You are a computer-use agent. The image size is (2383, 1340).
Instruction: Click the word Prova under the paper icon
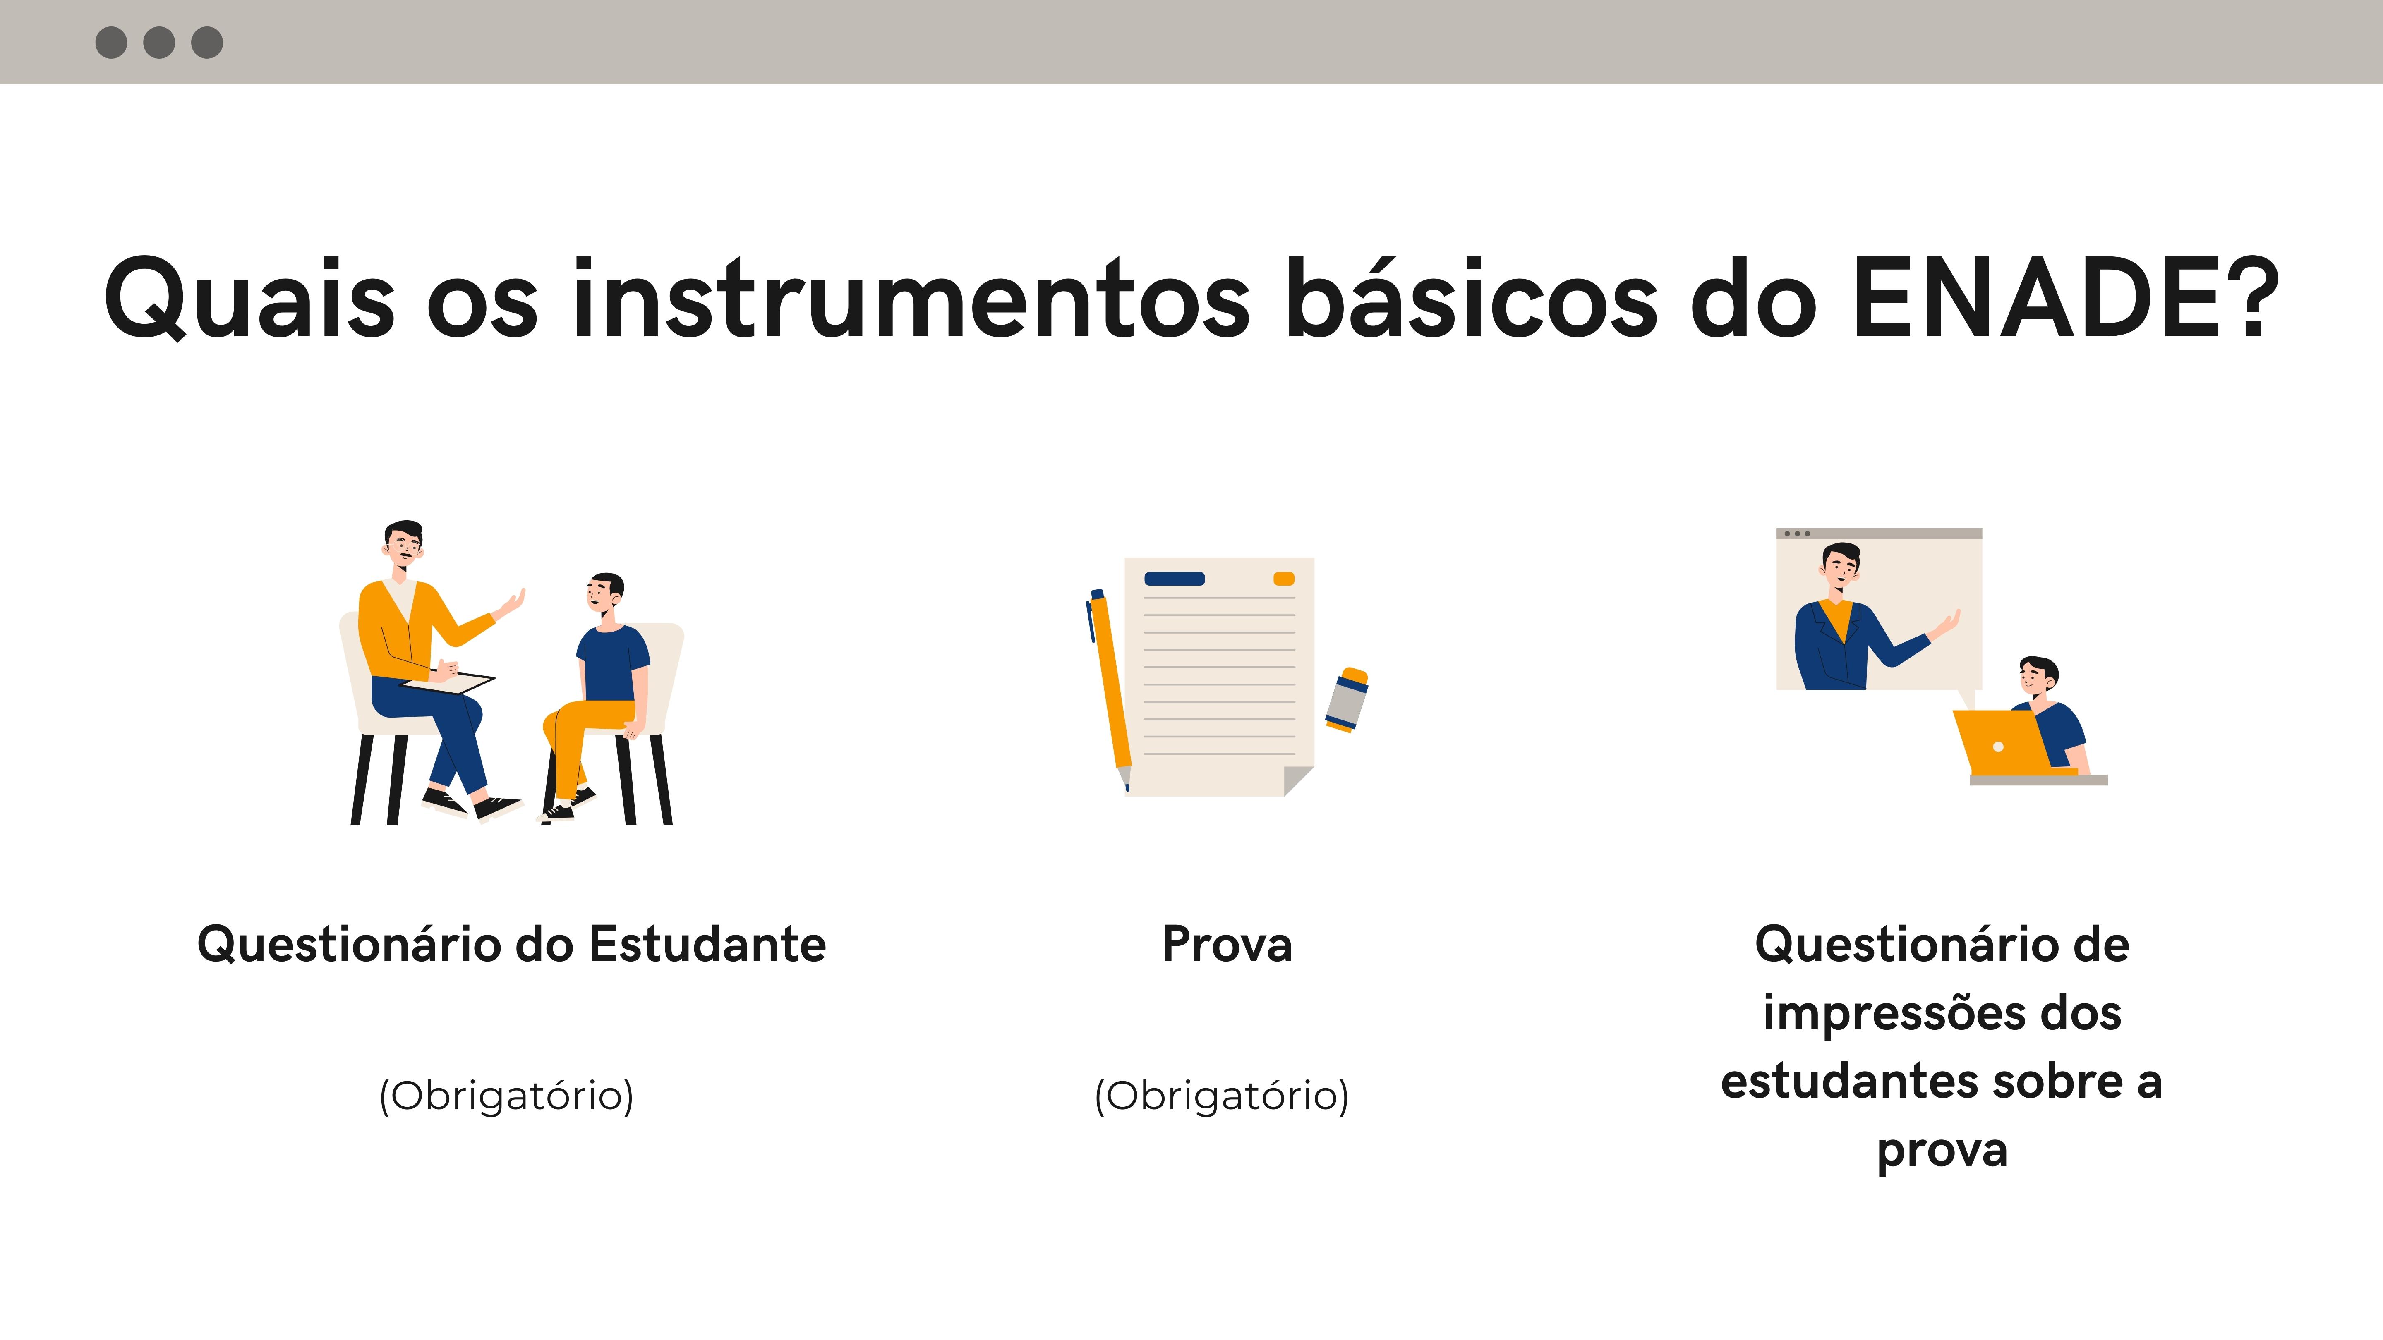(x=1227, y=944)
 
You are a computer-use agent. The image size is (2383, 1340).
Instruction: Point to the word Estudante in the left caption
(x=708, y=944)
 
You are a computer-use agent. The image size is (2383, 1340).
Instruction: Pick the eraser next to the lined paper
(x=1347, y=699)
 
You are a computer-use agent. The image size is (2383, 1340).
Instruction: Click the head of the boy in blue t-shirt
(x=605, y=596)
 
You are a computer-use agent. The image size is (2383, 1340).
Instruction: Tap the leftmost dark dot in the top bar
(x=111, y=43)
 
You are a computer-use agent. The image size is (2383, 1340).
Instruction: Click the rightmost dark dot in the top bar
(x=207, y=43)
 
